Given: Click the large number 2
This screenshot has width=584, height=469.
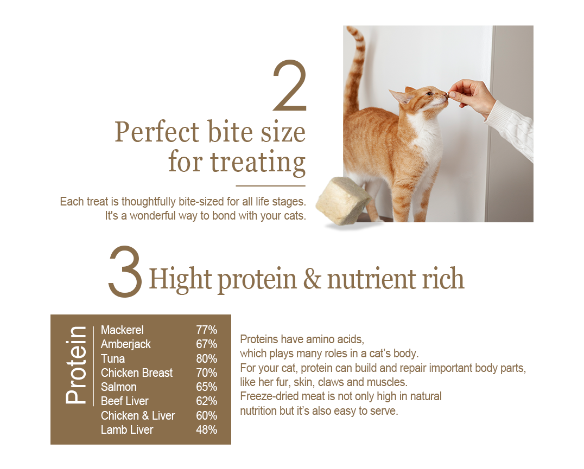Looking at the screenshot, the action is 290,86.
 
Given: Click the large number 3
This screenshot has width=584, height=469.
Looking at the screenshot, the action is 125,271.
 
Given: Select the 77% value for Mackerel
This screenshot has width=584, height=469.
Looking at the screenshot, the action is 206,330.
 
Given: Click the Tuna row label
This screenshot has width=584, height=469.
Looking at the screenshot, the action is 112,358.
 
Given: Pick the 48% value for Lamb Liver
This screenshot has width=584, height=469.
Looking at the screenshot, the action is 206,429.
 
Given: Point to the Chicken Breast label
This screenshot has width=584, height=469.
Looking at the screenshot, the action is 137,372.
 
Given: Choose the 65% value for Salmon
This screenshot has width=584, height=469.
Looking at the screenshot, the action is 206,387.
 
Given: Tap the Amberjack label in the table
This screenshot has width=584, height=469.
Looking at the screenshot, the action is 125,344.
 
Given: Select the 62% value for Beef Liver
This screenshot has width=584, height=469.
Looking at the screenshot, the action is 206,401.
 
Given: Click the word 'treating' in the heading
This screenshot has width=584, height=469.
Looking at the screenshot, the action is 258,162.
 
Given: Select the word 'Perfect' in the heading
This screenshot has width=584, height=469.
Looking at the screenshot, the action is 157,132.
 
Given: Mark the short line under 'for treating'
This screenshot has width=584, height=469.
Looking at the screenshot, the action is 271,185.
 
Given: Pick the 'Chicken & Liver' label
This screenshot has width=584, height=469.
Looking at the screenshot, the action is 138,415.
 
